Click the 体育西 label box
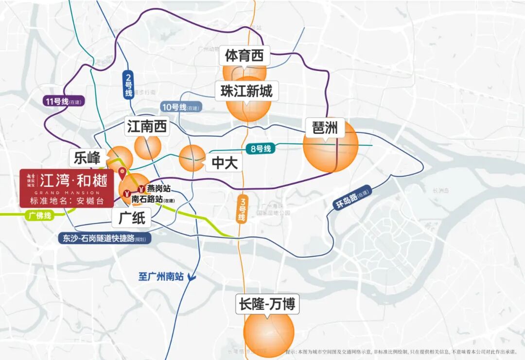[x=244, y=56]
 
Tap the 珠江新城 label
[x=246, y=91]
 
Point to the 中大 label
[x=224, y=163]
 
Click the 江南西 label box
[x=147, y=127]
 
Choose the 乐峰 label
[x=87, y=158]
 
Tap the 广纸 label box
[x=132, y=218]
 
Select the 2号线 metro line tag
[x=128, y=85]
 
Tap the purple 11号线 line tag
[x=63, y=102]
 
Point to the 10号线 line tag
[x=180, y=107]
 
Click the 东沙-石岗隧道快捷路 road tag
[x=104, y=238]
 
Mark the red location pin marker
[x=122, y=172]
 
